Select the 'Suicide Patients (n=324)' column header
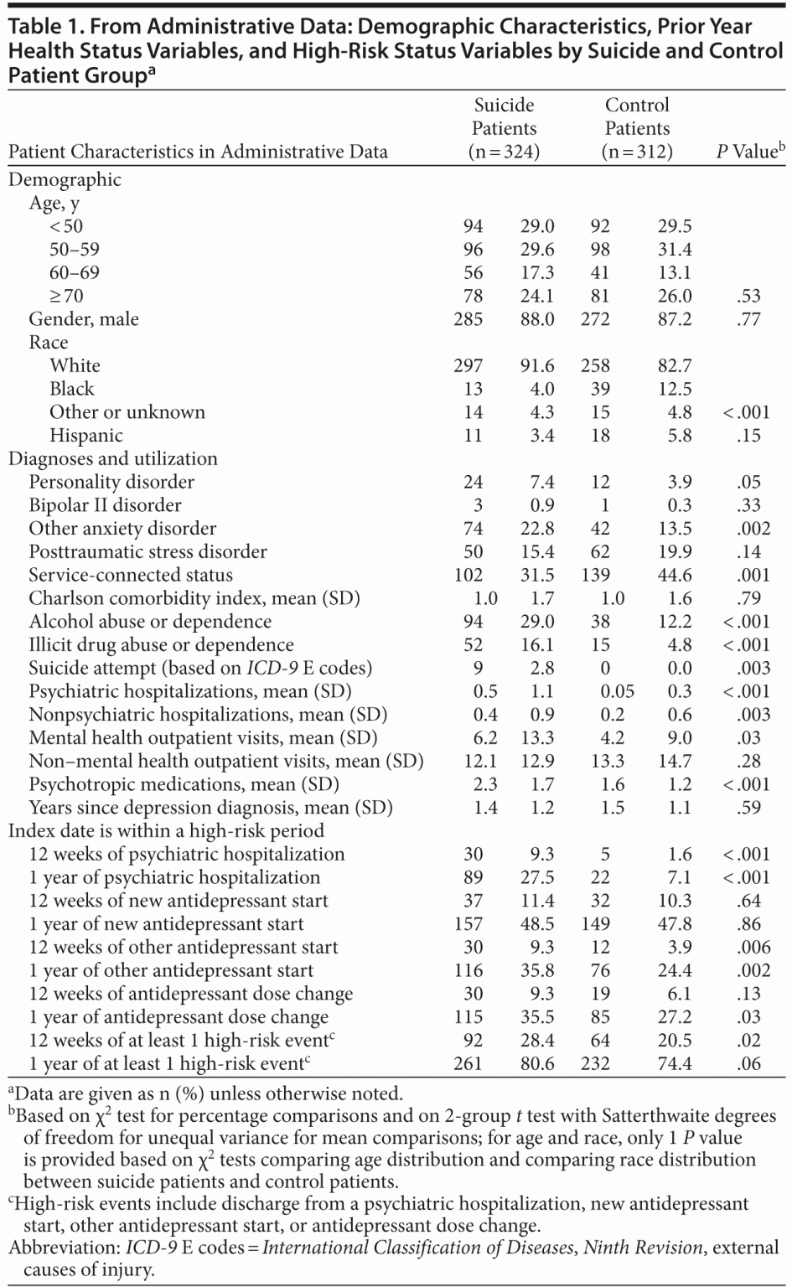(504, 128)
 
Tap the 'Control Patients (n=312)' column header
(637, 128)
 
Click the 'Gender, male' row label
(84, 319)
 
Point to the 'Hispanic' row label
(86, 436)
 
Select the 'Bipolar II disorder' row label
(105, 505)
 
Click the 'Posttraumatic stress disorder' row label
(148, 552)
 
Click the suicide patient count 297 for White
(468, 365)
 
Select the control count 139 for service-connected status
(599, 575)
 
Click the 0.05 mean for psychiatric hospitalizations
(617, 691)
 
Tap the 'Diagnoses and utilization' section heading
(113, 458)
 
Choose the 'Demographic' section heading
(65, 179)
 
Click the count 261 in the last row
(468, 1063)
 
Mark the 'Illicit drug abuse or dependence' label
(161, 645)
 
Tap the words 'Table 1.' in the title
(41, 27)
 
